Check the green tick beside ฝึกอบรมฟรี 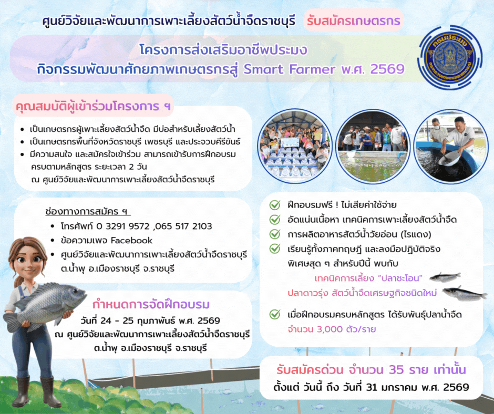point(274,205)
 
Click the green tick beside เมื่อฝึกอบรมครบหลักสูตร point(274,315)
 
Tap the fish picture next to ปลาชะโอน point(445,277)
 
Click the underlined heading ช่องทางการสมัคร point(87,212)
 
